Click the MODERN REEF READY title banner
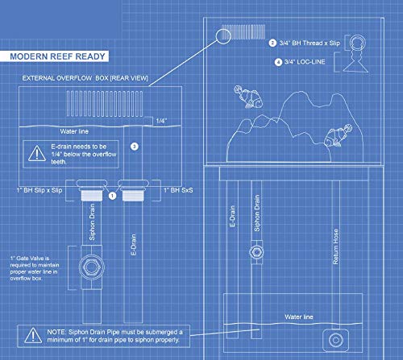(54, 56)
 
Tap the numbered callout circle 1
(112, 196)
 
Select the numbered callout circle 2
(272, 43)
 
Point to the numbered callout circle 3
(135, 147)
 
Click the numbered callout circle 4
(278, 62)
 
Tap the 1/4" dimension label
(161, 121)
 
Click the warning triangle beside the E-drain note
(37, 153)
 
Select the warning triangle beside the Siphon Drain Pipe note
(33, 335)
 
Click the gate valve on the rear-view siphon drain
(92, 267)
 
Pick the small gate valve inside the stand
(256, 252)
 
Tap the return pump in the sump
(335, 340)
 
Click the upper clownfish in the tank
(247, 97)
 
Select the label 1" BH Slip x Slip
(39, 190)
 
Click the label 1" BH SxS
(178, 190)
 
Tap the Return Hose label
(335, 246)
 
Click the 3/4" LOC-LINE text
(305, 62)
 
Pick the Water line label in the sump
(299, 317)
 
